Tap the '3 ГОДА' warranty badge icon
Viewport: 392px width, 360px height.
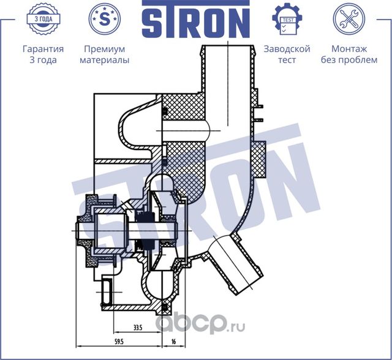tap(43, 18)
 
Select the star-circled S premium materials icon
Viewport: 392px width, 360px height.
tap(104, 18)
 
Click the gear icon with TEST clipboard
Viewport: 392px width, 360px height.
tap(287, 19)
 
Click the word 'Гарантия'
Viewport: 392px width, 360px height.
tap(43, 49)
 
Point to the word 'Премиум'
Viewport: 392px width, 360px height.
tap(104, 49)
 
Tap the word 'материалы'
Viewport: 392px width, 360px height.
tap(104, 60)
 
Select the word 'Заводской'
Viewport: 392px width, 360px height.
tap(287, 49)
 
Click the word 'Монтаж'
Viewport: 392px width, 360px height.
tap(349, 49)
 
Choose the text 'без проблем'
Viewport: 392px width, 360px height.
tap(349, 60)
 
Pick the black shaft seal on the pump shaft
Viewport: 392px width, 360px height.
tap(146, 231)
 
